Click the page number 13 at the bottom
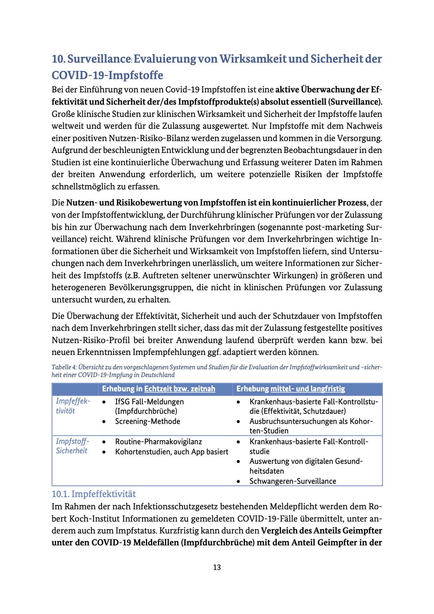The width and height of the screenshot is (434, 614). pyautogui.click(x=217, y=567)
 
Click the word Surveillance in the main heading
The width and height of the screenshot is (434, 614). pyautogui.click(x=99, y=59)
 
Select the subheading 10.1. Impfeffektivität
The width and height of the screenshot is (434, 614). pyautogui.click(x=94, y=494)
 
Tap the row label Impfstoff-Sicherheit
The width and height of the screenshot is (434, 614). pyautogui.click(x=72, y=446)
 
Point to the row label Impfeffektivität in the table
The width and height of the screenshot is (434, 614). pyautogui.click(x=72, y=406)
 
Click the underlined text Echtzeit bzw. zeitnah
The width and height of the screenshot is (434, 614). pyautogui.click(x=180, y=389)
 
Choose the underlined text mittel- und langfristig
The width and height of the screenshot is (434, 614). pyautogui.click(x=308, y=389)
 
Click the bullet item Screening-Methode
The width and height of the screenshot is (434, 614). pyautogui.click(x=147, y=421)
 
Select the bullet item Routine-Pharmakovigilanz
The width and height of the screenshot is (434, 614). pyautogui.click(x=159, y=441)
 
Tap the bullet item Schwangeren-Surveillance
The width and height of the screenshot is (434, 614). pyautogui.click(x=293, y=481)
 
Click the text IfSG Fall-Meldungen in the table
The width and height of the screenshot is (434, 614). pyautogui.click(x=149, y=402)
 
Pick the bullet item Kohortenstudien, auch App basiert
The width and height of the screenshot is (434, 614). pyautogui.click(x=171, y=452)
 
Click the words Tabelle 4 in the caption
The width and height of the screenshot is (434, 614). pyautogui.click(x=64, y=367)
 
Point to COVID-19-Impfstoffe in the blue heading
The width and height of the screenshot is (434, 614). pyautogui.click(x=107, y=75)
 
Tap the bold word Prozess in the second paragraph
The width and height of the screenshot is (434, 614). pyautogui.click(x=352, y=203)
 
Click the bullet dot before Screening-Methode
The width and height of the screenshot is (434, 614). pyautogui.click(x=104, y=421)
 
